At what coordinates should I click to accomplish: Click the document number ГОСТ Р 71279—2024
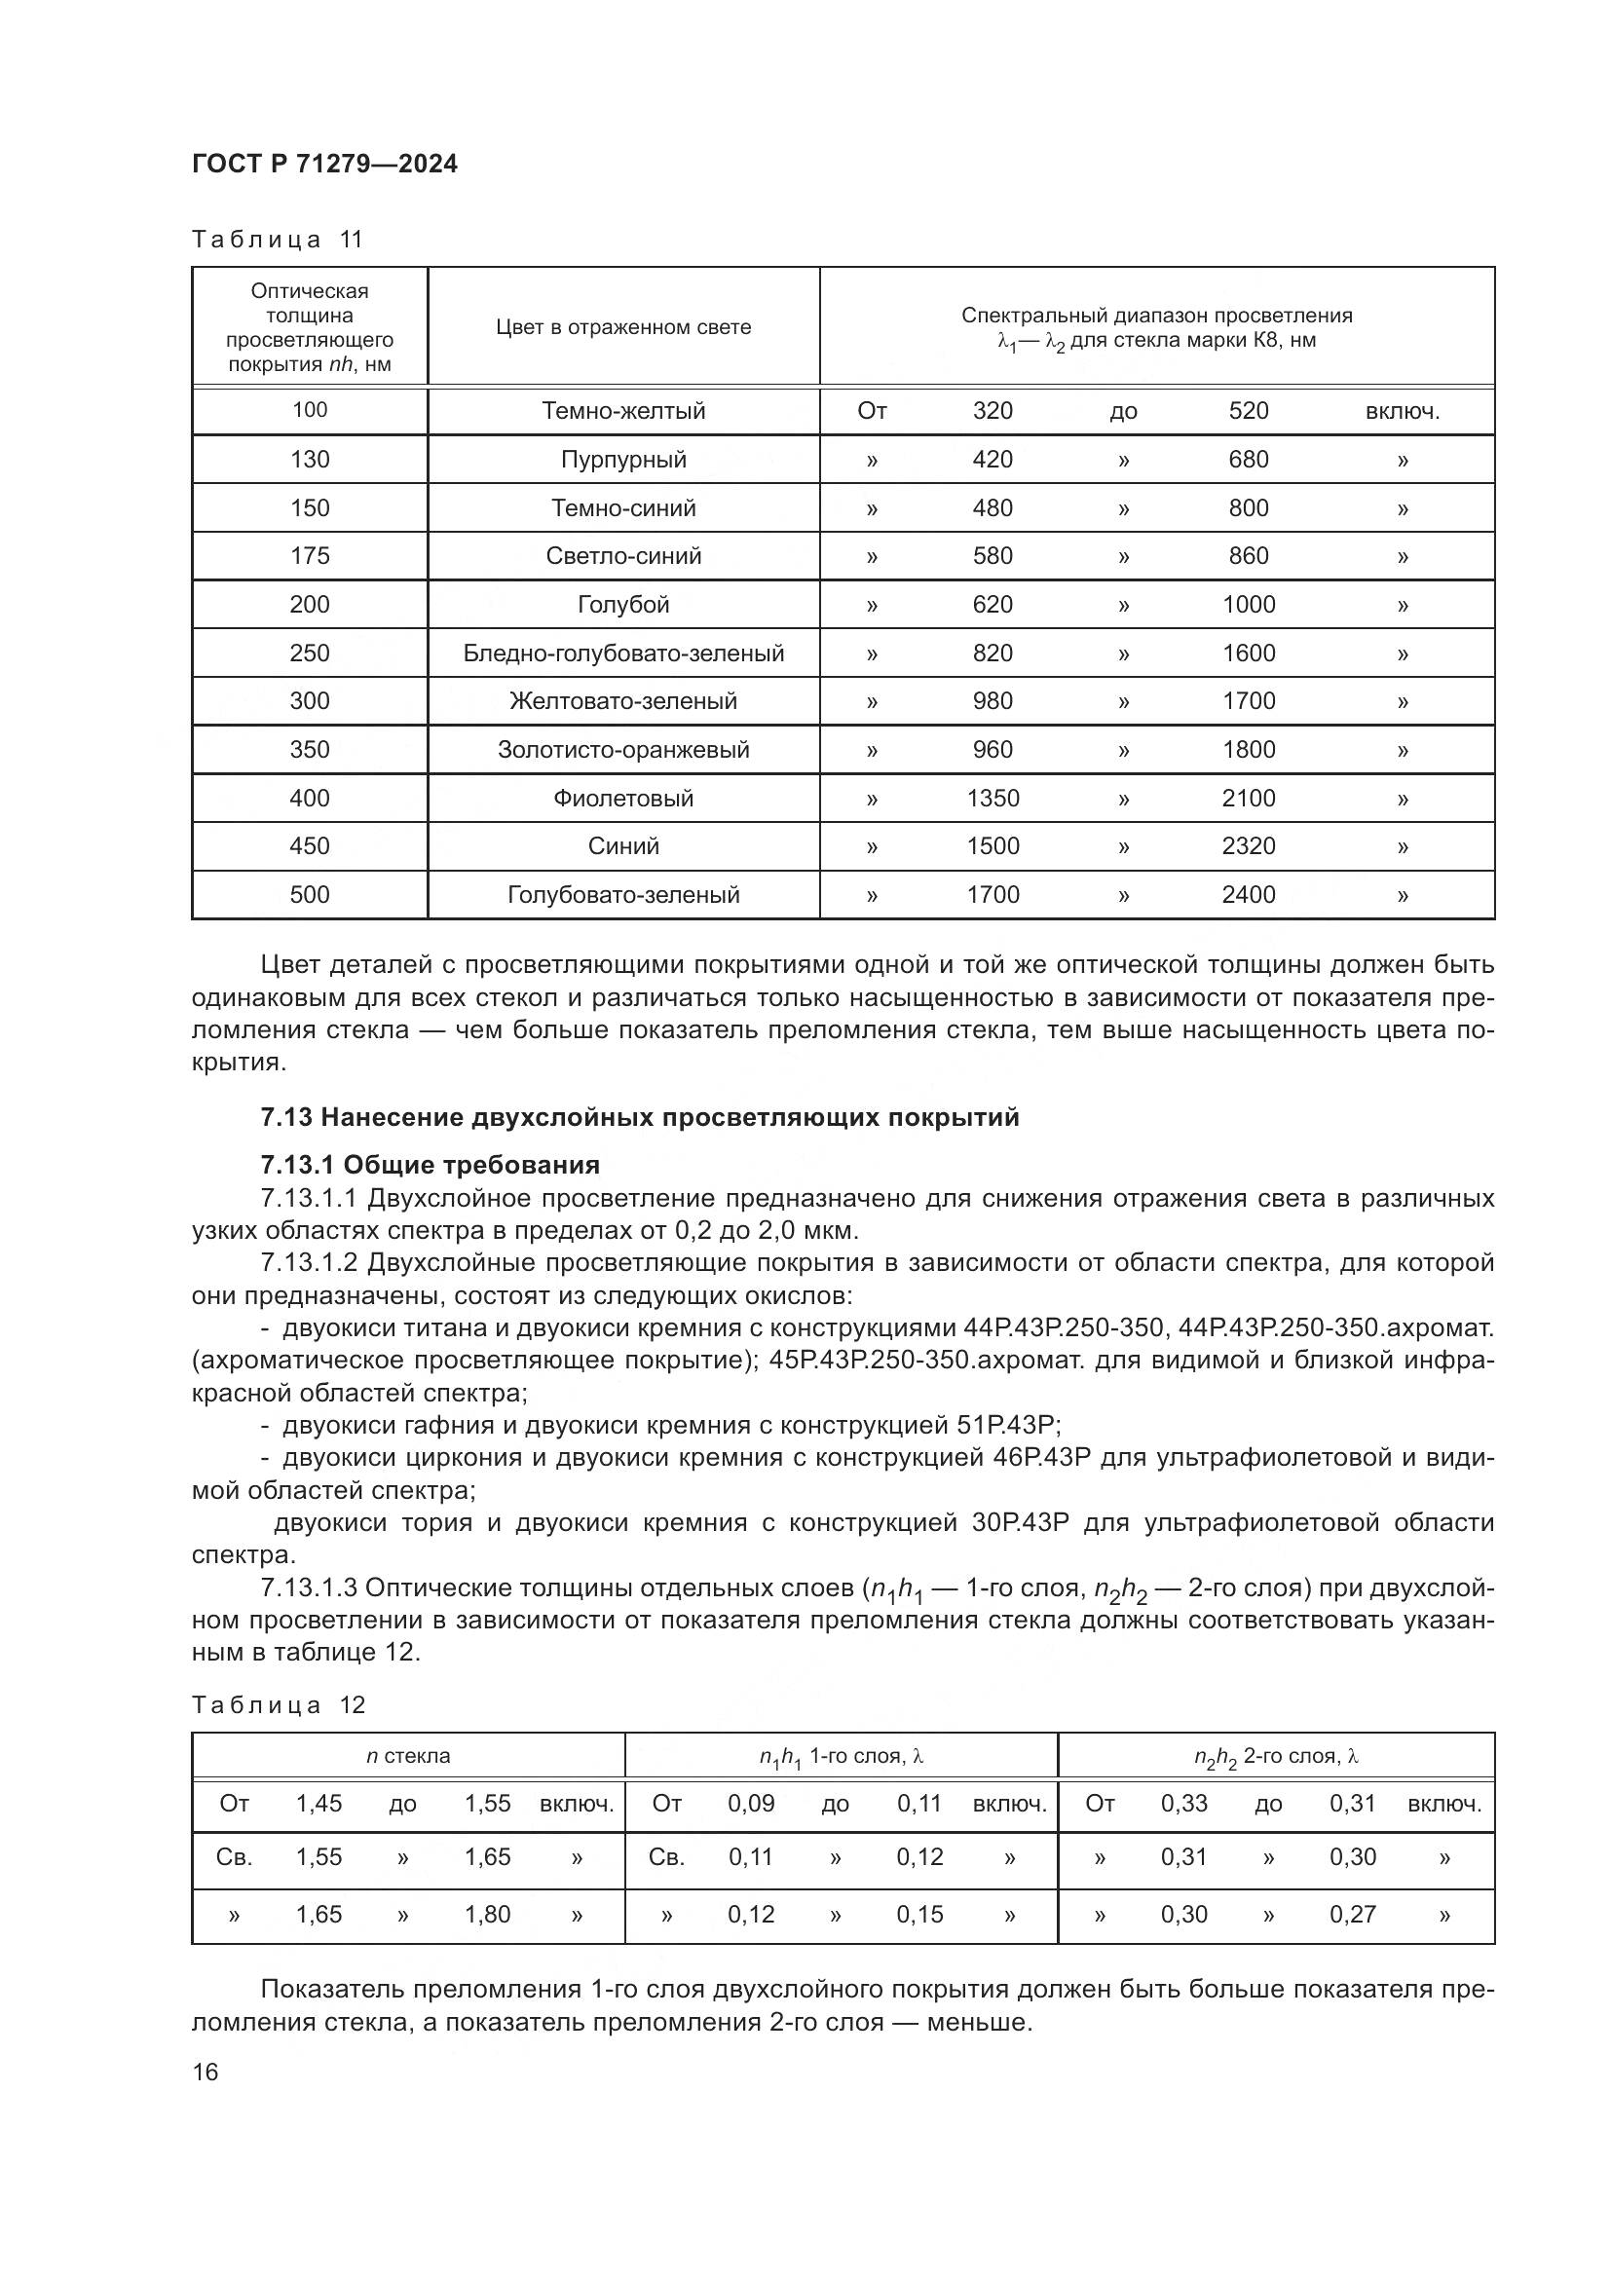pyautogui.click(x=324, y=165)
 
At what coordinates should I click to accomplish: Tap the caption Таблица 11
pyautogui.click(x=278, y=240)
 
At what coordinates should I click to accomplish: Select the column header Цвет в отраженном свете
pyautogui.click(x=623, y=327)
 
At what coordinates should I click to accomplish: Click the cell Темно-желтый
pyautogui.click(x=623, y=411)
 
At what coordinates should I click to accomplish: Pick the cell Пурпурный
pyautogui.click(x=623, y=460)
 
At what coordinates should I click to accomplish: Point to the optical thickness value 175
pyautogui.click(x=310, y=555)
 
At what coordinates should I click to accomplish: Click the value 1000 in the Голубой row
pyautogui.click(x=1248, y=604)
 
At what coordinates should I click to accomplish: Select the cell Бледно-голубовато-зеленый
pyautogui.click(x=623, y=653)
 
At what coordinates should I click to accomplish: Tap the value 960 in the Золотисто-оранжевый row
pyautogui.click(x=992, y=749)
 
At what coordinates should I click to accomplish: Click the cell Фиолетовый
pyautogui.click(x=623, y=798)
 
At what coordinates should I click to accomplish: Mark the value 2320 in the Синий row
pyautogui.click(x=1248, y=846)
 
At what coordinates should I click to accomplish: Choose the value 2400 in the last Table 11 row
pyautogui.click(x=1248, y=895)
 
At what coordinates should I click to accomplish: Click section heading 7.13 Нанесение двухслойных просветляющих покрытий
pyautogui.click(x=640, y=1117)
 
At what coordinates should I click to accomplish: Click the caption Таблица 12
pyautogui.click(x=279, y=1705)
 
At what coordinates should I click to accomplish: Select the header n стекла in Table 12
pyautogui.click(x=408, y=1756)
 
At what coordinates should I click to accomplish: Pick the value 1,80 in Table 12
pyautogui.click(x=487, y=1915)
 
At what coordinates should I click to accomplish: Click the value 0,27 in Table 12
pyautogui.click(x=1352, y=1915)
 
